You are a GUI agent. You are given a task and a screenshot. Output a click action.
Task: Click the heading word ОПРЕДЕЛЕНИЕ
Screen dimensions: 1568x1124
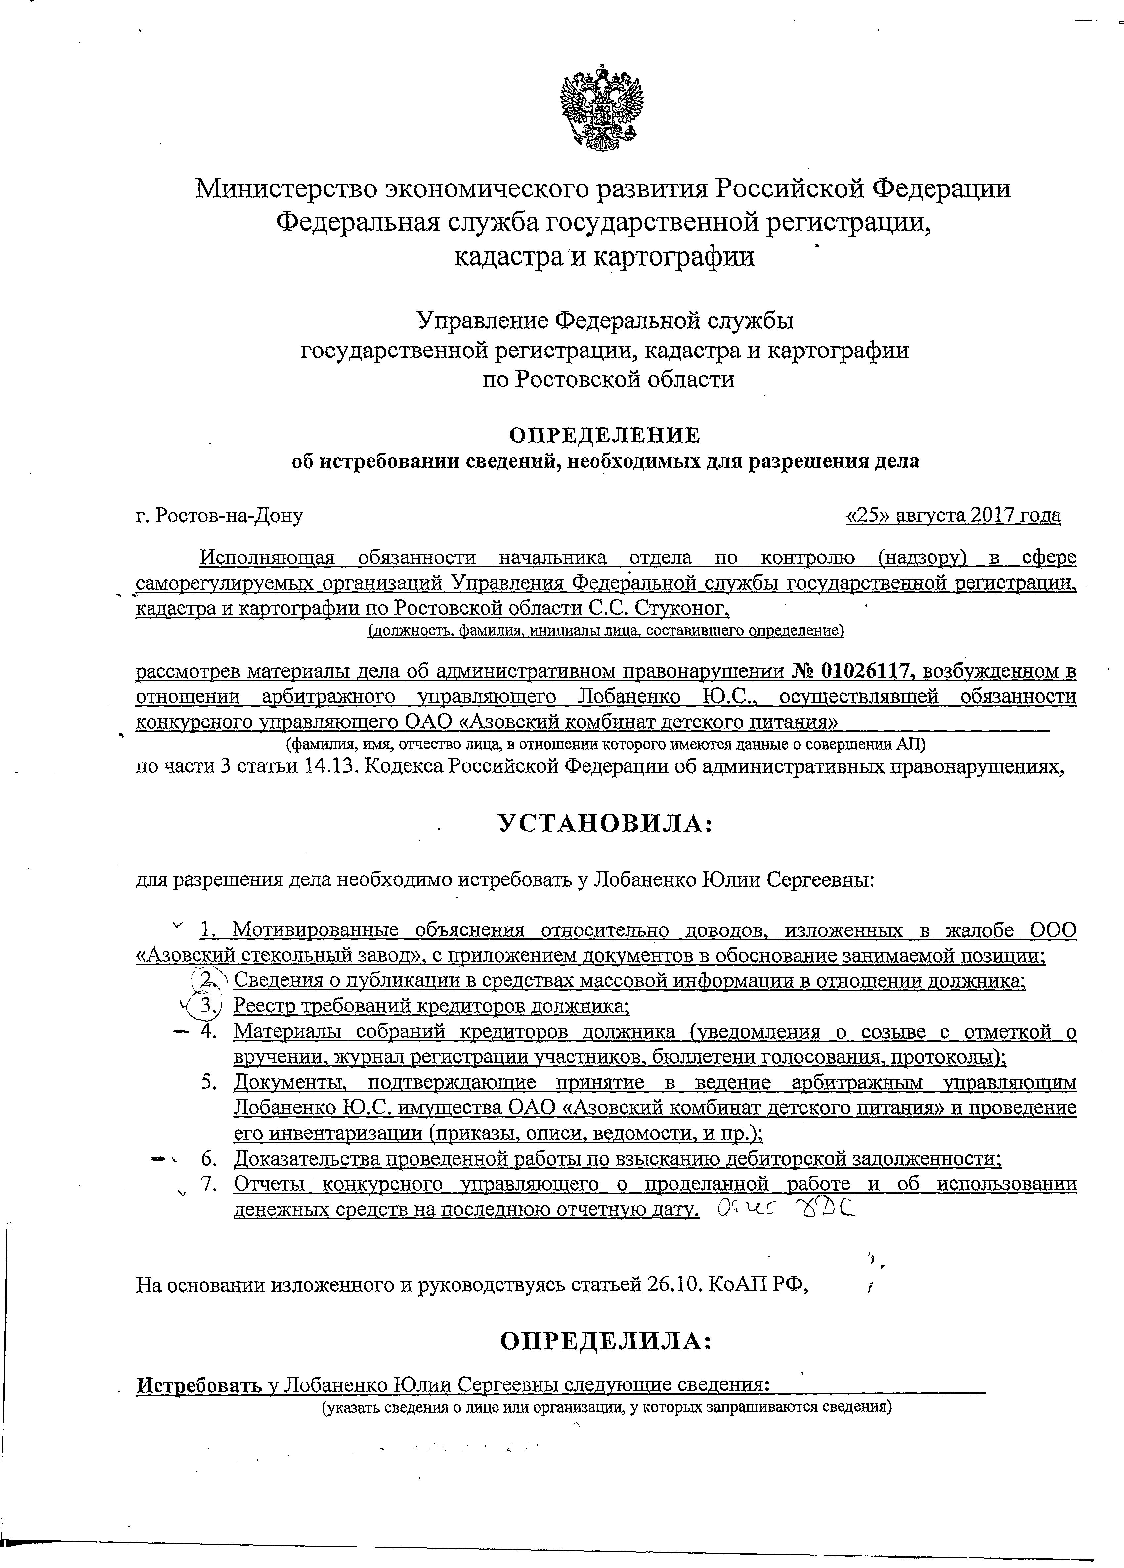[604, 435]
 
